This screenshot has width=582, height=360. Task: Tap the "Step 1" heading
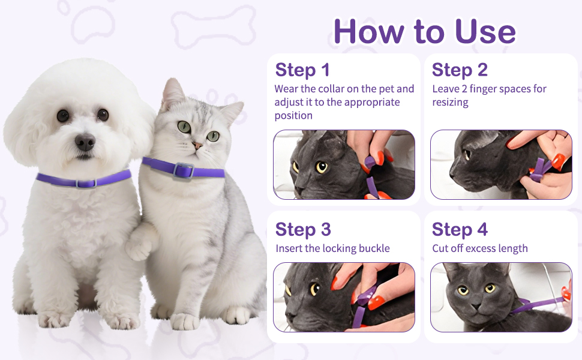302,70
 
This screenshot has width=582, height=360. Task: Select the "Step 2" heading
460,70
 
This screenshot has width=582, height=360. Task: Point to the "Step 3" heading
303,230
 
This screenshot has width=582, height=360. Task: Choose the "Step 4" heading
460,230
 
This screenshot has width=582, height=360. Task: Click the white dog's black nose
85,142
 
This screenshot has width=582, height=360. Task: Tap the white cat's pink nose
197,146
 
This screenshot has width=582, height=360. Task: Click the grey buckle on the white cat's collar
183,171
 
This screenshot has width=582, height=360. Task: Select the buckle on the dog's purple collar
85,183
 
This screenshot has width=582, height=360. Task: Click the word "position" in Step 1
293,115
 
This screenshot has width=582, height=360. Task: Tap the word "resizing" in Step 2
450,102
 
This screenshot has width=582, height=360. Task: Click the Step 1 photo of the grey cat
344,165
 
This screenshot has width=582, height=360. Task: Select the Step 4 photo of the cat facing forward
501,297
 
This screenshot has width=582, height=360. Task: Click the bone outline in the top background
205,25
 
